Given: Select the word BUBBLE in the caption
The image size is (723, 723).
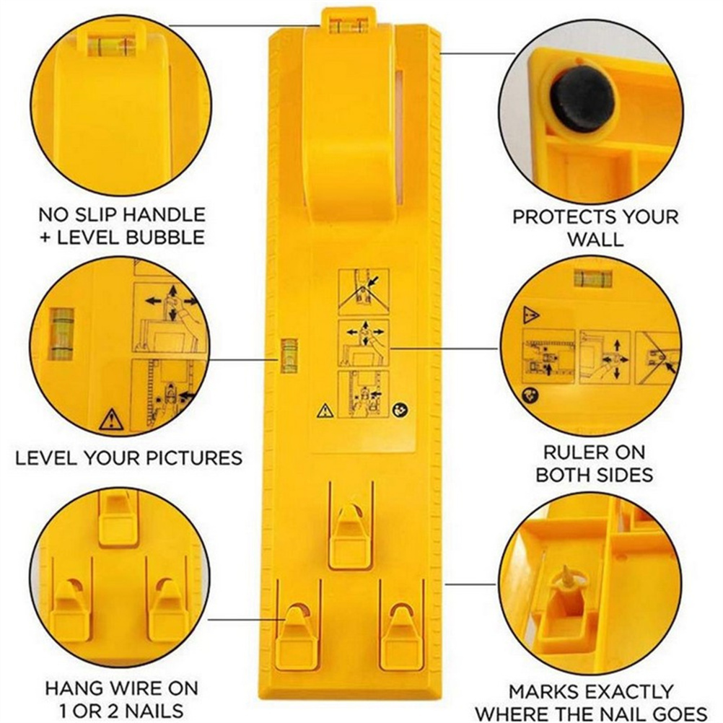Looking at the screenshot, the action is pos(165,237).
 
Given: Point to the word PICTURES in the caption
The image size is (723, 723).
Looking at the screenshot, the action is pos(194,458).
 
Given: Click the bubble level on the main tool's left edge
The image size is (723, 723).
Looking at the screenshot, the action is pos(289,355).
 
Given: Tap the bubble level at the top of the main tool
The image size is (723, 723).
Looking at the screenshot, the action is pos(349,25).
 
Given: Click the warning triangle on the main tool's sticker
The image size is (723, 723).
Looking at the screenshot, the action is pos(325,410).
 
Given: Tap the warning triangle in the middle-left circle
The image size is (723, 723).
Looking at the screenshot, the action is pos(111,420).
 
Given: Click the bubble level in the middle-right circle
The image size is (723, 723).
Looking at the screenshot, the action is pos(592,279).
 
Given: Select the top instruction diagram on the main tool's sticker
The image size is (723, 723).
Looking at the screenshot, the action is pos(364,292).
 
